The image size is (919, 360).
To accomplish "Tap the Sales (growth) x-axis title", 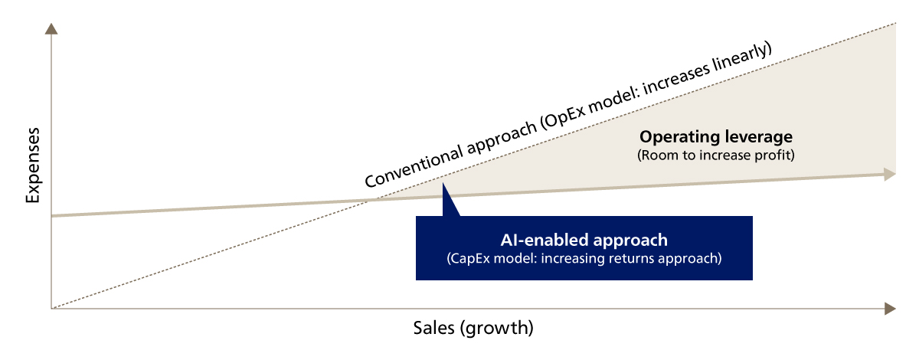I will (x=473, y=329).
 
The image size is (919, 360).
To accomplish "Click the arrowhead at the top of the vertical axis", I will (x=51, y=29).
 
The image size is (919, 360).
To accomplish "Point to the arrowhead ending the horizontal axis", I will (x=889, y=309).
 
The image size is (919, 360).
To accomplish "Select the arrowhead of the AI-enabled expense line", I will (x=890, y=174).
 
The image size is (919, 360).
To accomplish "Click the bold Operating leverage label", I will (x=716, y=137).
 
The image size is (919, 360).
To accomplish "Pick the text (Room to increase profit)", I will (x=716, y=155).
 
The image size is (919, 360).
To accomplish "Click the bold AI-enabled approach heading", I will (x=584, y=240).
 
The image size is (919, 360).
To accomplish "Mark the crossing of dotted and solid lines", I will (x=369, y=200).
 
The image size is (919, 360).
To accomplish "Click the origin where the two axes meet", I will (x=51, y=309).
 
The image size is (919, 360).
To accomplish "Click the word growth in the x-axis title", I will (x=498, y=329).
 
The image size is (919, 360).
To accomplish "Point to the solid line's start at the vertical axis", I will (x=52, y=215).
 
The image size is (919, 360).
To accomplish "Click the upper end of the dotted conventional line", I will (x=894, y=25).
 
